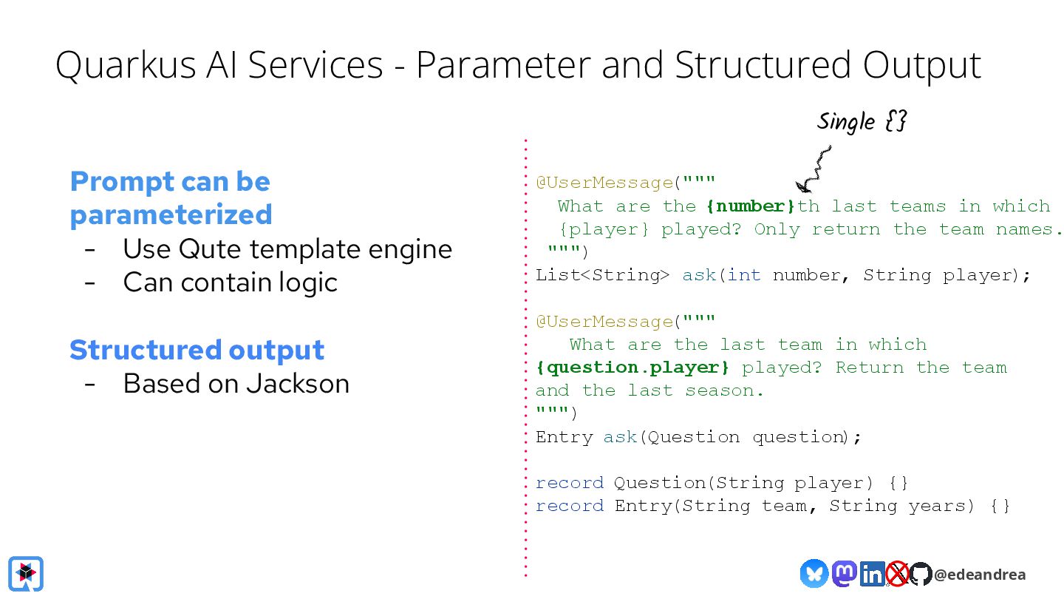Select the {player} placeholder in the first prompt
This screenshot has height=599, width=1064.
click(604, 229)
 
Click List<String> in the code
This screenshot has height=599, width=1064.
click(602, 275)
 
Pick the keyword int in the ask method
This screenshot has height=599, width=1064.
click(743, 275)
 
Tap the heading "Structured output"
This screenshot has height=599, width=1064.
click(197, 349)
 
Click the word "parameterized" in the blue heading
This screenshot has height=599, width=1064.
click(171, 214)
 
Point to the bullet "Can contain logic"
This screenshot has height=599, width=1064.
click(230, 282)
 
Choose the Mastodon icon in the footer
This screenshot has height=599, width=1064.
click(844, 573)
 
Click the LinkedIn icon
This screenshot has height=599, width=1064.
click(873, 574)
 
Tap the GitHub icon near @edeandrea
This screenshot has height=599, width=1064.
click(921, 574)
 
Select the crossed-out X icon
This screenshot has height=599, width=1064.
click(897, 574)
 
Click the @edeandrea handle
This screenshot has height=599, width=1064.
click(980, 575)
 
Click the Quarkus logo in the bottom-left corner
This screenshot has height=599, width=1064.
click(26, 573)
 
